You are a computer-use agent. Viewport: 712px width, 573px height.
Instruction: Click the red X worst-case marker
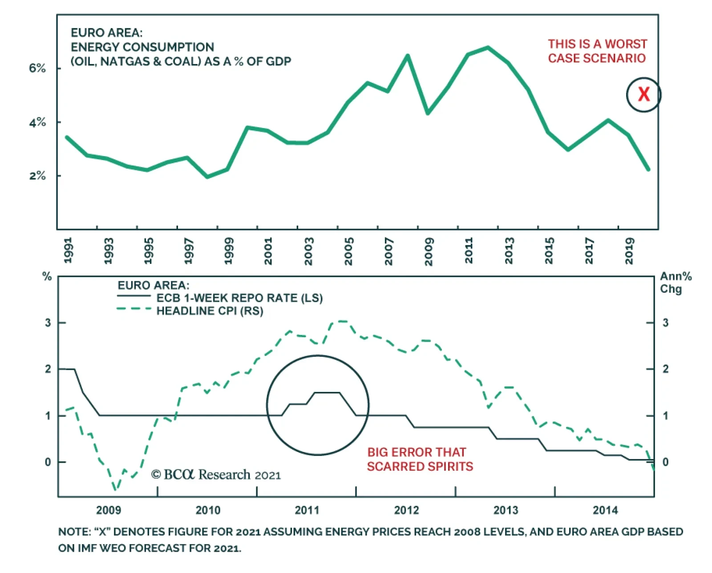click(643, 94)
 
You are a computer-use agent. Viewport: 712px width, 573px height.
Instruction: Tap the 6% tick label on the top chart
click(37, 68)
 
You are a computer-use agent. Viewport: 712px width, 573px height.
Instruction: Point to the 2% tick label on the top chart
click(37, 176)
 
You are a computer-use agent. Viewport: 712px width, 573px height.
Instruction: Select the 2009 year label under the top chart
click(429, 251)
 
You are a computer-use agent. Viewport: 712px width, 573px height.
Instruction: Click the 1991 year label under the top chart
click(68, 250)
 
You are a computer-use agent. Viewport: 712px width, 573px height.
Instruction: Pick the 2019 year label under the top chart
click(629, 251)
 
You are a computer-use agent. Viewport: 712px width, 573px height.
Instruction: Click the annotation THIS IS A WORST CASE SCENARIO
click(597, 51)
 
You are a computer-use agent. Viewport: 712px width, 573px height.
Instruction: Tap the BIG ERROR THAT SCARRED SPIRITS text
click(420, 459)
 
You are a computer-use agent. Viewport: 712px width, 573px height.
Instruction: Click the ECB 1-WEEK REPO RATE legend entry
click(239, 298)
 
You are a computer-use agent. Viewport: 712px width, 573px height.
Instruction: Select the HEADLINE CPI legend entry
click(210, 311)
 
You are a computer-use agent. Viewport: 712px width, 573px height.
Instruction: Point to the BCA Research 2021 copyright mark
click(216, 475)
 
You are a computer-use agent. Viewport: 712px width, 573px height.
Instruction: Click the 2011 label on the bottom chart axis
click(307, 510)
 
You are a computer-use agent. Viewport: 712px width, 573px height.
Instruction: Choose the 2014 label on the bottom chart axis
click(605, 510)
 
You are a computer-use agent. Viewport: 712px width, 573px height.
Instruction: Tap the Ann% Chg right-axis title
click(675, 283)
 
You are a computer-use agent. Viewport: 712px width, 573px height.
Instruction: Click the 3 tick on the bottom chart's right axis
click(665, 323)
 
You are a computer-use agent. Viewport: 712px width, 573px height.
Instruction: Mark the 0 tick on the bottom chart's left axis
click(48, 462)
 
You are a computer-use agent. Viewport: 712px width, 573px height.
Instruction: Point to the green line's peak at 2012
click(488, 47)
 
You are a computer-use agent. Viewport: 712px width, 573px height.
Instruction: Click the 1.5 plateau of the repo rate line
click(327, 392)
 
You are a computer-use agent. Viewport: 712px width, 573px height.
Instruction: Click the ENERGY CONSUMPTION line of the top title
click(142, 47)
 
